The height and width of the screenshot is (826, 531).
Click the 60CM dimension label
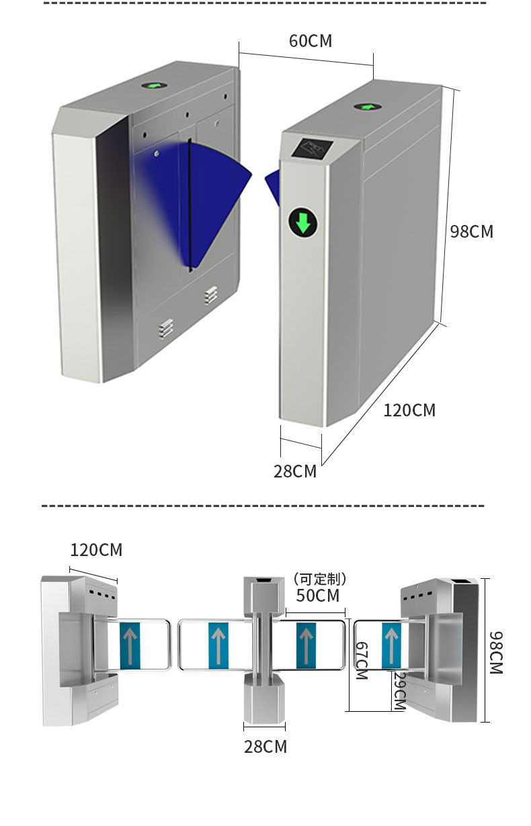pyautogui.click(x=311, y=41)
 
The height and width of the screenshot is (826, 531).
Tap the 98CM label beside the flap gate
pyautogui.click(x=471, y=232)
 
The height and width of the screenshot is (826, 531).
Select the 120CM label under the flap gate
pyautogui.click(x=409, y=410)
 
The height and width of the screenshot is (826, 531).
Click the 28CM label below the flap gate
pyautogui.click(x=294, y=471)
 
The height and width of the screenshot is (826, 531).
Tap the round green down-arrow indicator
pyautogui.click(x=303, y=222)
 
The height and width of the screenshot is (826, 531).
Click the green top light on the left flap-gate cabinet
pyautogui.click(x=155, y=86)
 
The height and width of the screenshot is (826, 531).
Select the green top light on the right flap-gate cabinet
pyautogui.click(x=366, y=107)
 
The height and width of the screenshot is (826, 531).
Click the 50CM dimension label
pyautogui.click(x=317, y=596)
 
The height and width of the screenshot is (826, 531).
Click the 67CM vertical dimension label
pyautogui.click(x=361, y=660)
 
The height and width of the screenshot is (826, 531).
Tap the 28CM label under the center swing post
pyautogui.click(x=265, y=746)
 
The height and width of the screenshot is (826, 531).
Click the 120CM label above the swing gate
pyautogui.click(x=96, y=550)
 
